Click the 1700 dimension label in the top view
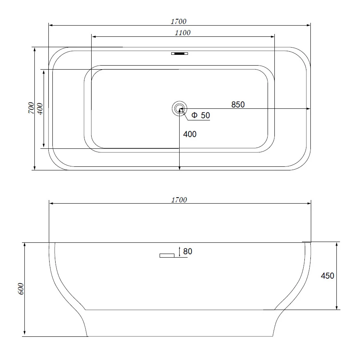pos(178,21)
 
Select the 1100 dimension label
pos(182,33)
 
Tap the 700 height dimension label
pos(31,108)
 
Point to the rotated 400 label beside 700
pos(40,109)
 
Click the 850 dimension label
pos(238,104)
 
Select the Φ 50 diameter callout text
pos(200,115)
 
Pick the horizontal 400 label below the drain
pos(190,134)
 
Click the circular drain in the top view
pos(179,108)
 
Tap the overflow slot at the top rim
pos(180,54)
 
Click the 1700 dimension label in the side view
pos(179,200)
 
